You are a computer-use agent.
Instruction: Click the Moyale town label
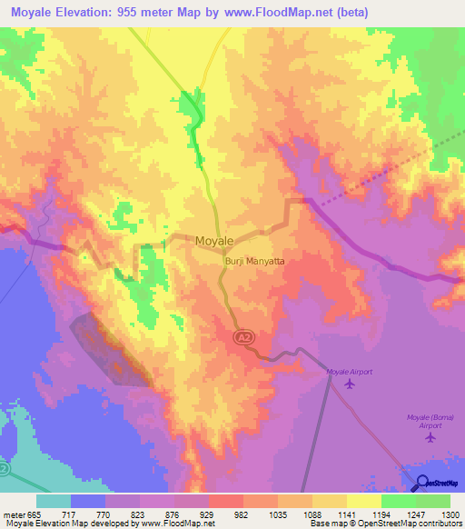pyautogui.click(x=215, y=240)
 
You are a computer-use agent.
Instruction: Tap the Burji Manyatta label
pyautogui.click(x=254, y=261)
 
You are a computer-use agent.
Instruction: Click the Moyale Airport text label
pyautogui.click(x=350, y=372)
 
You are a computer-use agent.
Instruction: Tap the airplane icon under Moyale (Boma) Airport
pyautogui.click(x=430, y=438)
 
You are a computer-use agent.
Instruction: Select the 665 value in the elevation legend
pyautogui.click(x=35, y=514)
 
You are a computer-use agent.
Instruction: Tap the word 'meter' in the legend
pyautogui.click(x=15, y=514)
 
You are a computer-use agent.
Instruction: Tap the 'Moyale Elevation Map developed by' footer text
pyautogui.click(x=58, y=524)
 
